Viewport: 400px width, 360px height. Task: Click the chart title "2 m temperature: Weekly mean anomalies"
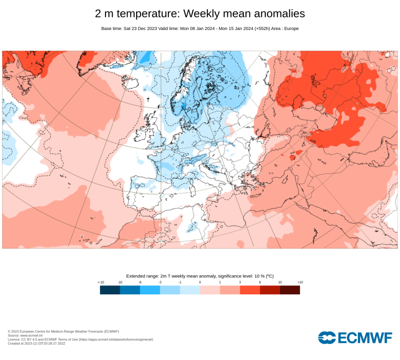click(x=200, y=13)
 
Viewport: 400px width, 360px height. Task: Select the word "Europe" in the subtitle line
click(x=289, y=29)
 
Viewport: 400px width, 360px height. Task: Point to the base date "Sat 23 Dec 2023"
click(x=141, y=29)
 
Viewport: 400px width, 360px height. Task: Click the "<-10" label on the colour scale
click(x=100, y=282)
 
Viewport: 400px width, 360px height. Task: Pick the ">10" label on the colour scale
click(x=300, y=282)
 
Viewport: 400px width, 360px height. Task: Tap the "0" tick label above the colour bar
click(x=200, y=282)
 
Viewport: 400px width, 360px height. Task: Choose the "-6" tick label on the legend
click(x=140, y=282)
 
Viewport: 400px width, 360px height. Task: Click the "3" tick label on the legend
click(x=240, y=282)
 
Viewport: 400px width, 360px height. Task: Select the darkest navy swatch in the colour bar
click(x=110, y=290)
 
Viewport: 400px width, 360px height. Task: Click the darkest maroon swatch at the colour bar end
click(x=290, y=290)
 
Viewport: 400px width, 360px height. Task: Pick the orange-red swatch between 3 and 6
click(x=250, y=290)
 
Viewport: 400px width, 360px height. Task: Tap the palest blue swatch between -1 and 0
click(x=190, y=290)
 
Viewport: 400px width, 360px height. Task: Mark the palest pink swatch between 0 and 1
click(x=210, y=290)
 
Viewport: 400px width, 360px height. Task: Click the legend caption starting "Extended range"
click(x=200, y=276)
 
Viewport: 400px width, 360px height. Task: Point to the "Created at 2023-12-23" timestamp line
click(x=37, y=343)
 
